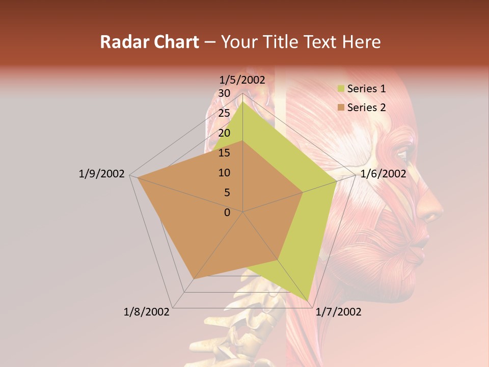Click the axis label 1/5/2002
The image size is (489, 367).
[242, 80]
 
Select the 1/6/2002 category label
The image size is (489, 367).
[383, 174]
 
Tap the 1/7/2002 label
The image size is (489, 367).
[338, 312]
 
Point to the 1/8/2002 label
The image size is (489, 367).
[147, 312]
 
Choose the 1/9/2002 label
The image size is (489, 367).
[101, 174]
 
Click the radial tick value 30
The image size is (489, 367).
[224, 93]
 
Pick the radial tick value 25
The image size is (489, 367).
[224, 113]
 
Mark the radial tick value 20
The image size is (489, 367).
[224, 133]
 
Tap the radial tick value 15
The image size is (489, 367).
[224, 153]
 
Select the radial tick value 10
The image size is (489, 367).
[224, 173]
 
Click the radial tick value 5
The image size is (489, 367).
[227, 193]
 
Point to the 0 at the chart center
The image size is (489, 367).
[227, 212]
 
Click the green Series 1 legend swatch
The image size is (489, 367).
[341, 89]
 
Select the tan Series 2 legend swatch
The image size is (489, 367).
[341, 108]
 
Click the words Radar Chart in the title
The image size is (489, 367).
[149, 42]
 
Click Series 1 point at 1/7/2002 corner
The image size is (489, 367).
[308, 300]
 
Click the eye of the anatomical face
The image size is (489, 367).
[402, 153]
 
